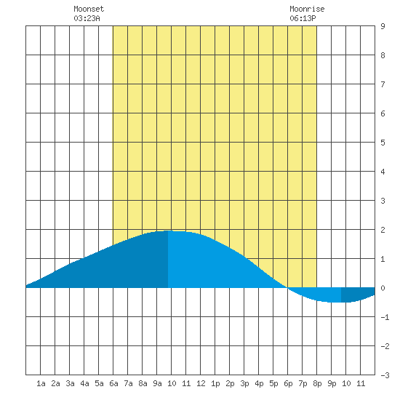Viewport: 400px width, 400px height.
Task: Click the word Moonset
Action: tap(89, 9)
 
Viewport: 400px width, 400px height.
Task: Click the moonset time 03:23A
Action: tap(87, 18)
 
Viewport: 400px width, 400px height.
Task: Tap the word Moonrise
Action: tap(307, 9)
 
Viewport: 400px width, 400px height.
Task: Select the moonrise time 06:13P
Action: tap(303, 18)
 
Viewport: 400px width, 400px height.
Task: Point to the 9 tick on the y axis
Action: tap(383, 26)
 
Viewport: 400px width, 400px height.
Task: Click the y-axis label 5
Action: tap(383, 143)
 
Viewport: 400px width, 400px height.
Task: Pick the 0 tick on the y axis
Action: tap(383, 288)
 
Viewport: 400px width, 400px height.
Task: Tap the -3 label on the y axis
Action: tap(385, 375)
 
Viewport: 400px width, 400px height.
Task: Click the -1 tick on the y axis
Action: tap(385, 317)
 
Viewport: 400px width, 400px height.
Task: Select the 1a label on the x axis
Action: tap(41, 383)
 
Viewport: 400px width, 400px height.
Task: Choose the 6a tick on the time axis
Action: tap(113, 383)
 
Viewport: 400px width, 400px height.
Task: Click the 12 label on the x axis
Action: tap(201, 383)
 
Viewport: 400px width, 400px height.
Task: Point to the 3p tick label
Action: tap(244, 383)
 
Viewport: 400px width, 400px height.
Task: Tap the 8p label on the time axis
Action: tap(317, 383)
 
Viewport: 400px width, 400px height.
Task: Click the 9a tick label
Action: tap(157, 383)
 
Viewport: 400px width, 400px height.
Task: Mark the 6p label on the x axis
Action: tap(288, 383)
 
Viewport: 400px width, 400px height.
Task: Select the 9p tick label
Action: tap(332, 383)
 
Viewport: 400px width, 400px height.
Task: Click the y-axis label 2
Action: tap(383, 230)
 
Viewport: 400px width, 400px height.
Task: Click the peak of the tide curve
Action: tap(169, 231)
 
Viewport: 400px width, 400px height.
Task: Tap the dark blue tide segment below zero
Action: tap(357, 295)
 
